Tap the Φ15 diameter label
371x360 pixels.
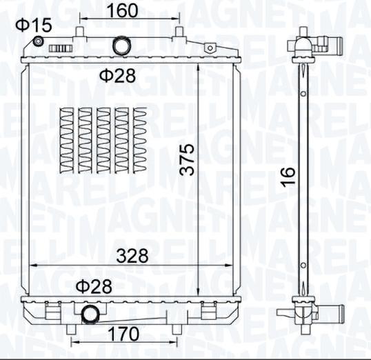click(34, 25)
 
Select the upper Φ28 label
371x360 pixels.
click(117, 75)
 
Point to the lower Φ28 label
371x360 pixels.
click(94, 287)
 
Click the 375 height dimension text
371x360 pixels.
click(186, 159)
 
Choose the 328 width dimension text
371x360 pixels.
click(132, 256)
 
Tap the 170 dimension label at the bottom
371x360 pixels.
click(123, 334)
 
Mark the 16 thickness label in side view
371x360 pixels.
click(288, 176)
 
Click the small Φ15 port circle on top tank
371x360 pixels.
click(38, 41)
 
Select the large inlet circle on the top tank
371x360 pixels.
click(122, 46)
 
